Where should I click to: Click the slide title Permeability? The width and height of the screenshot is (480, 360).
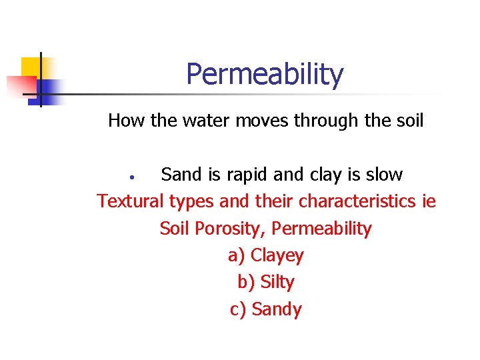(265, 75)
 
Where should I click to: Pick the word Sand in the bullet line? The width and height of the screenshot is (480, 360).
(181, 175)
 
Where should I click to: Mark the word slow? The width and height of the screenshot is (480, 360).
(383, 175)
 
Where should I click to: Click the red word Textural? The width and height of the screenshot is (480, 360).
(131, 201)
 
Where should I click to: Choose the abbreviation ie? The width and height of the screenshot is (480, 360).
(429, 201)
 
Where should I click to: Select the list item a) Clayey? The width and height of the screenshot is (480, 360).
(265, 256)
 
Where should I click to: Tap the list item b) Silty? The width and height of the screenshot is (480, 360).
(265, 283)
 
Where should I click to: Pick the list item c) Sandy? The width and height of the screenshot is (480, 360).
(265, 309)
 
